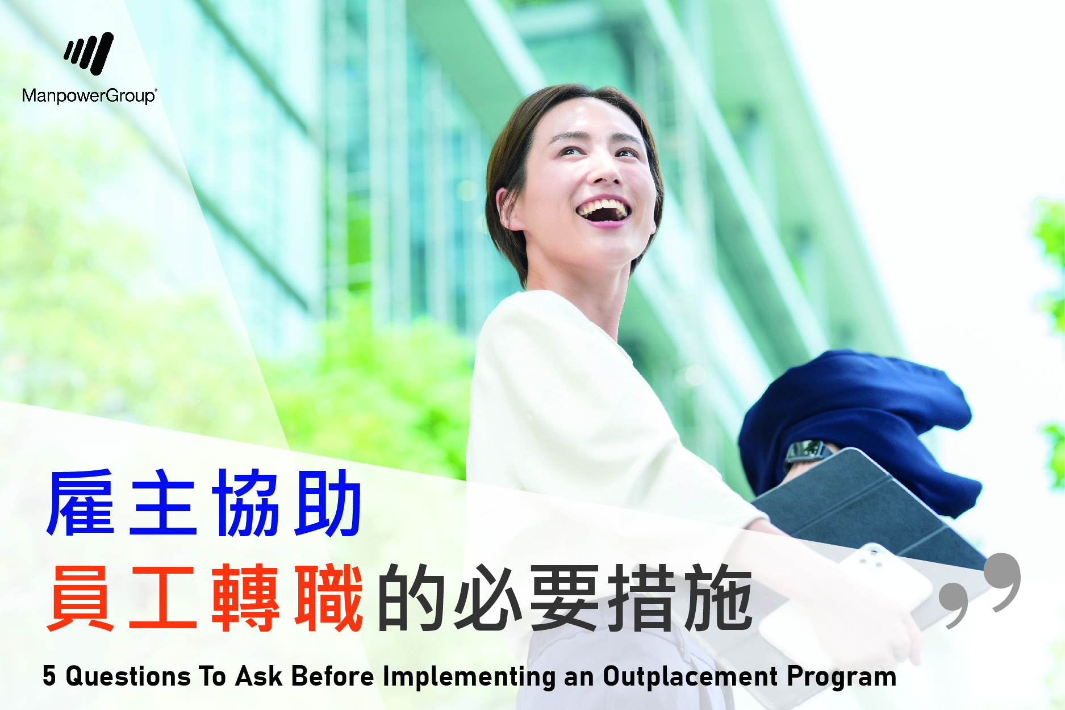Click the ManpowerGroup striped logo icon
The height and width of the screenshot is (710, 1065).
click(89, 53)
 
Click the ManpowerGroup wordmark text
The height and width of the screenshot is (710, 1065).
click(89, 95)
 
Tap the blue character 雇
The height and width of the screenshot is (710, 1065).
click(81, 503)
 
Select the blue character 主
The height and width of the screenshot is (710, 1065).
click(163, 503)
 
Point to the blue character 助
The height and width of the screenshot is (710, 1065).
click(328, 503)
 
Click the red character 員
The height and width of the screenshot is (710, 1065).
click(81, 598)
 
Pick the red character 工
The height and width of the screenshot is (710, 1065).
click(163, 598)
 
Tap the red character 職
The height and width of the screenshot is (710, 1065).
click(328, 598)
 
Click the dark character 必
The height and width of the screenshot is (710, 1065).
click(488, 598)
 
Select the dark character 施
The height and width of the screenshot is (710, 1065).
click(719, 598)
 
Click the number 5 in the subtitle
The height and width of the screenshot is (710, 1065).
click(49, 676)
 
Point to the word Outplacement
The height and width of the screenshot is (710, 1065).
click(690, 677)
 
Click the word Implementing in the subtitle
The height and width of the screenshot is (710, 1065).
click(469, 677)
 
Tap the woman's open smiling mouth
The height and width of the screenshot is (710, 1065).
click(603, 210)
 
